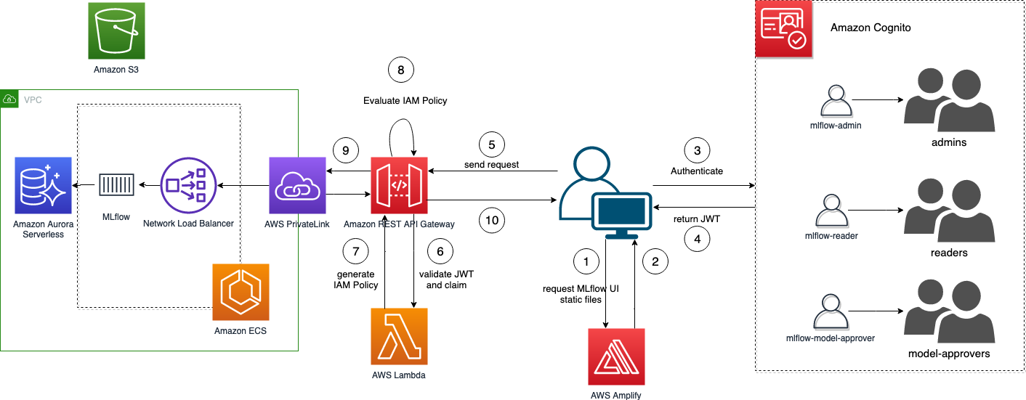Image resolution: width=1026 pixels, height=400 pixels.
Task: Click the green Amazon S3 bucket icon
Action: pyautogui.click(x=116, y=30)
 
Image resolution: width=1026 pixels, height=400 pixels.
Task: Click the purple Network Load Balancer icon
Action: pyautogui.click(x=189, y=186)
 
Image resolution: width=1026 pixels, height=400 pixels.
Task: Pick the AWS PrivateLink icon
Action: pyautogui.click(x=297, y=186)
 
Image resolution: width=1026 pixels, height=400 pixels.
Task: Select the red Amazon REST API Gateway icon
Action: pyautogui.click(x=400, y=186)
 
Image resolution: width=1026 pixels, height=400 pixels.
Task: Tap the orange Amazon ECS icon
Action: pyautogui.click(x=241, y=292)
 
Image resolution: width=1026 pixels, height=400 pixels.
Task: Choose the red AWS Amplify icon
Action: pyautogui.click(x=617, y=356)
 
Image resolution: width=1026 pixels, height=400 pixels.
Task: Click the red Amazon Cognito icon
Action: pyautogui.click(x=784, y=30)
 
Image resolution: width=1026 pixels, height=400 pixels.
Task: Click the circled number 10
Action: pyautogui.click(x=492, y=220)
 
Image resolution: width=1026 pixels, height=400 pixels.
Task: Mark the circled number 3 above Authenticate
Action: pyautogui.click(x=698, y=150)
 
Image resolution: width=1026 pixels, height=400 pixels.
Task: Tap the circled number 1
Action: pyautogui.click(x=586, y=261)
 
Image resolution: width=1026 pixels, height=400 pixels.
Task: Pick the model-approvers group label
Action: pyautogui.click(x=949, y=354)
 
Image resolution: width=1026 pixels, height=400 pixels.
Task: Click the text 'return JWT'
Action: pyautogui.click(x=696, y=219)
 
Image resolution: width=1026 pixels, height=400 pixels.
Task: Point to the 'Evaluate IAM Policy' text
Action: pyautogui.click(x=405, y=101)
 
